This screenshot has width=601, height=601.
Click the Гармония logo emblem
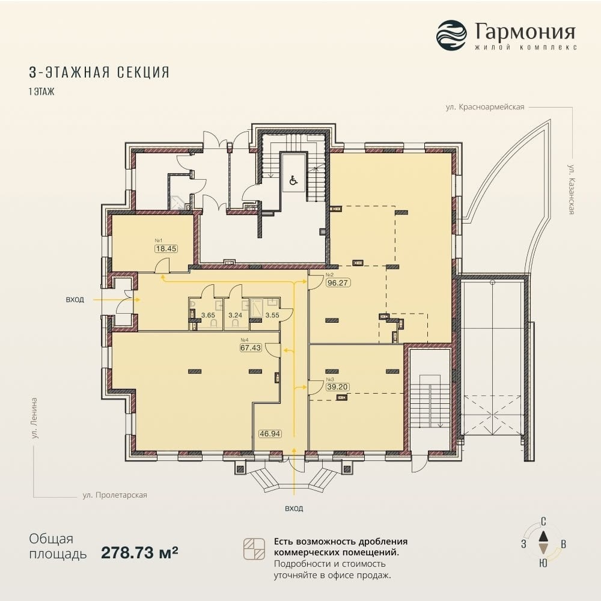(451, 35)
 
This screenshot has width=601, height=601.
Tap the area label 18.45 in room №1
(166, 248)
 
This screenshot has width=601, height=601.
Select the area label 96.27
(338, 283)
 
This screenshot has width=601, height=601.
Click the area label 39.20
(337, 386)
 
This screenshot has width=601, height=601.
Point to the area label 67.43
(251, 347)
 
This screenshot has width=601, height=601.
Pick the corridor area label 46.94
(270, 434)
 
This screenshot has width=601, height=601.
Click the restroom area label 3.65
(208, 316)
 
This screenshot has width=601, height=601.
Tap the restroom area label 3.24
(236, 316)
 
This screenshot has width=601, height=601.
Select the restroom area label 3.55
(272, 316)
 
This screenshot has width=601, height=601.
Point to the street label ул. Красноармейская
(485, 108)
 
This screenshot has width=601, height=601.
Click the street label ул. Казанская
(571, 189)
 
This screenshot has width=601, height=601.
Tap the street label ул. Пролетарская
(115, 495)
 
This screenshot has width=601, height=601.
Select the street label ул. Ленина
(34, 418)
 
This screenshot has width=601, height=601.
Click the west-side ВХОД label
(75, 300)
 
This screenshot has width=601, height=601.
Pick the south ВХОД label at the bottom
(294, 508)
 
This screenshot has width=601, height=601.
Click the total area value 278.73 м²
(139, 552)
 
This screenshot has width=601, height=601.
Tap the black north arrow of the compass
(543, 537)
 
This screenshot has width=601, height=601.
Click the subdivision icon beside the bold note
(254, 549)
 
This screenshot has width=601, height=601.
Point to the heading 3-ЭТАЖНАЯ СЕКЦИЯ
(99, 72)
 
